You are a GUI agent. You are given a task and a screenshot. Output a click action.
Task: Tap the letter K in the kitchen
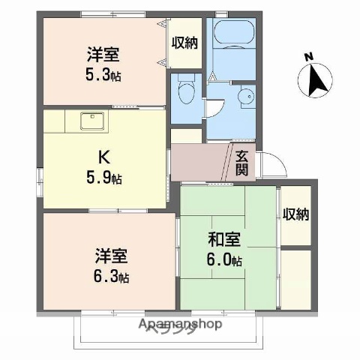pyautogui.click(x=105, y=158)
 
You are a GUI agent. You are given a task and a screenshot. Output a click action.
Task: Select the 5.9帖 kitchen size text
pyautogui.click(x=105, y=178)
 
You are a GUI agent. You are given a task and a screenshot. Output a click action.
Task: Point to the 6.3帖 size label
pyautogui.click(x=111, y=277)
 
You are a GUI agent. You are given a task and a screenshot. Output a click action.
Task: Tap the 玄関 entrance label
pyautogui.click(x=242, y=163)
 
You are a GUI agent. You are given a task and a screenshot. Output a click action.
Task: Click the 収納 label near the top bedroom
pyautogui.click(x=184, y=43)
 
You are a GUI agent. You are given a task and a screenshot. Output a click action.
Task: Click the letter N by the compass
pyautogui.click(x=307, y=56)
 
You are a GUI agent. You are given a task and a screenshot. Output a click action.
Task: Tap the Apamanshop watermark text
pyautogui.click(x=179, y=325)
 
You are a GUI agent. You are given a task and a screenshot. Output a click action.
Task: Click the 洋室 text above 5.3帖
pyautogui.click(x=103, y=54)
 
